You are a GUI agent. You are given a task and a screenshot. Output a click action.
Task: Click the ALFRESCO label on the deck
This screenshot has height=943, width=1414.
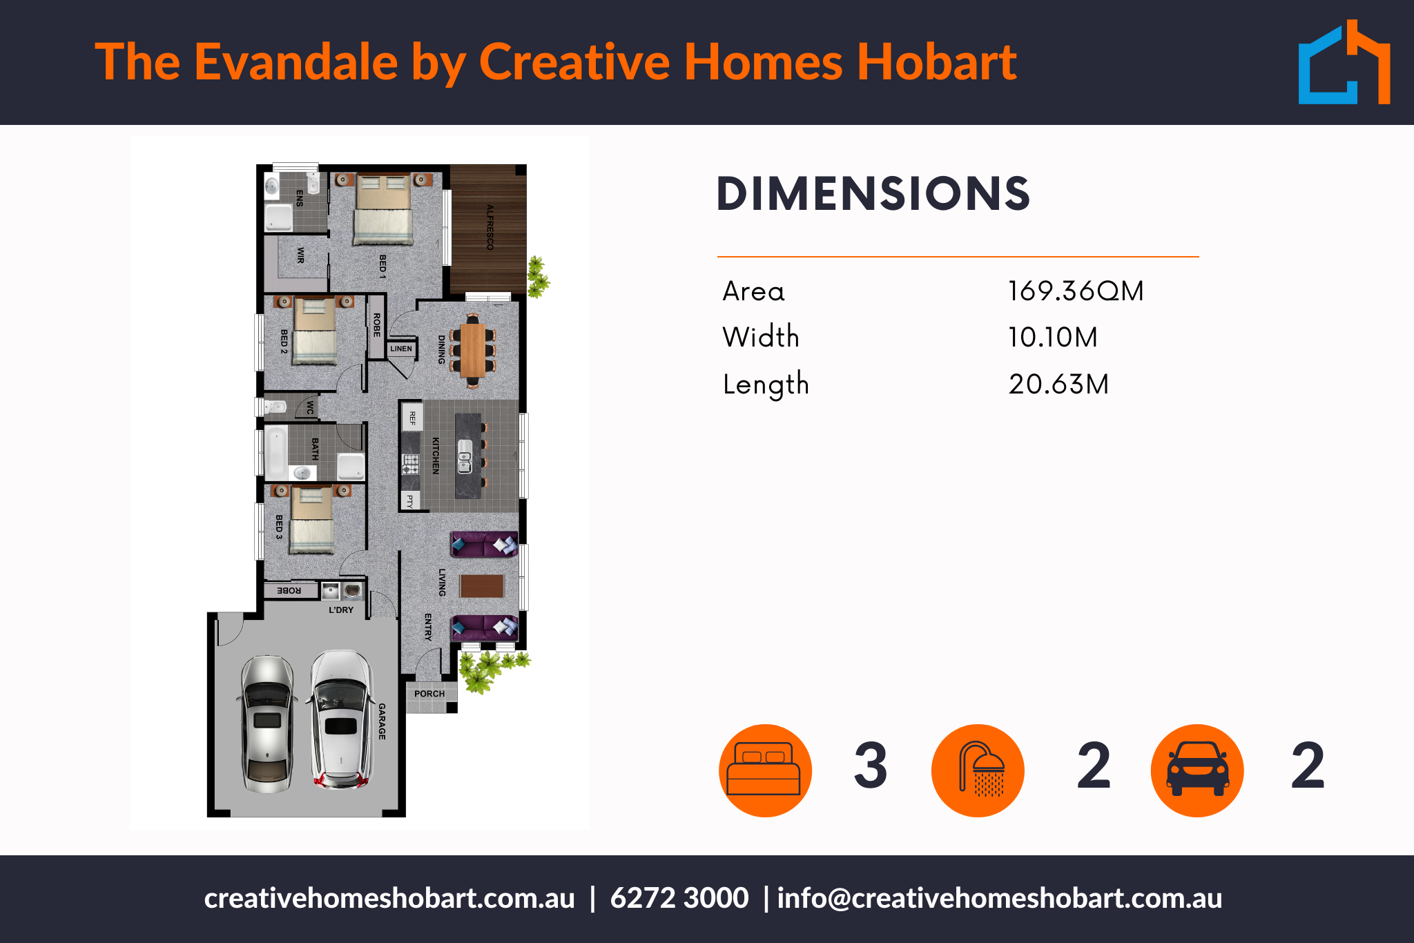pyautogui.click(x=490, y=227)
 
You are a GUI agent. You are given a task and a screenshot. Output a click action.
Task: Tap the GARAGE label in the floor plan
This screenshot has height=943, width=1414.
pyautogui.click(x=382, y=721)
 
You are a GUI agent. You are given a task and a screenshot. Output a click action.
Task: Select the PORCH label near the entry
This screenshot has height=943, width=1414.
pyautogui.click(x=429, y=694)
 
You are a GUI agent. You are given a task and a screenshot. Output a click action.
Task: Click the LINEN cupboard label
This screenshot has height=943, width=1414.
pyautogui.click(x=401, y=349)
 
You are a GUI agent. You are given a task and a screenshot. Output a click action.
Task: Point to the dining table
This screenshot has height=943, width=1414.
pyautogui.click(x=473, y=350)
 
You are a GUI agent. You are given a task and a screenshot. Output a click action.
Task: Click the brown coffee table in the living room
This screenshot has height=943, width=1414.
pyautogui.click(x=482, y=586)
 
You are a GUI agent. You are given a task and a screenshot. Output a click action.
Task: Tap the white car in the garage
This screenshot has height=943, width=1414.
pyautogui.click(x=340, y=719)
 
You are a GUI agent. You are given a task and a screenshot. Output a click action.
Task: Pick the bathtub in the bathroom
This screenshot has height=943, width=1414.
pyautogui.click(x=277, y=452)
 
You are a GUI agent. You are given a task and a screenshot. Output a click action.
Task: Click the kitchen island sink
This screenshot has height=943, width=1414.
pyautogui.click(x=465, y=456)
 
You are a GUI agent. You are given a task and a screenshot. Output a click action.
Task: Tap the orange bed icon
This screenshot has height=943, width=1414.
pyautogui.click(x=765, y=770)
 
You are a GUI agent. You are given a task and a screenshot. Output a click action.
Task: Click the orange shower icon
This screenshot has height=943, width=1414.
pyautogui.click(x=978, y=770)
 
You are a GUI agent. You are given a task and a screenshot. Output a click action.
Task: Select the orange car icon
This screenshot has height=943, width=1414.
pyautogui.click(x=1197, y=770)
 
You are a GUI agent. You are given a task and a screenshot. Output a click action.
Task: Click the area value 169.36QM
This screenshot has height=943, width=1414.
pyautogui.click(x=1076, y=291)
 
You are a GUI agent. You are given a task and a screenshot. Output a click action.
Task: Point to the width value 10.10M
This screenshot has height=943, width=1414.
pyautogui.click(x=1053, y=338)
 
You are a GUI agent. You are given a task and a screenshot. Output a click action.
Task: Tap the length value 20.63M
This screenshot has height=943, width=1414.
pyautogui.click(x=1058, y=384)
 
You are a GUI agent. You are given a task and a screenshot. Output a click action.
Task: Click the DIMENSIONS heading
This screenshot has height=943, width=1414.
pyautogui.click(x=873, y=193)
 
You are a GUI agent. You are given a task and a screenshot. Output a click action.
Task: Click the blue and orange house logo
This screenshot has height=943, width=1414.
pyautogui.click(x=1344, y=62)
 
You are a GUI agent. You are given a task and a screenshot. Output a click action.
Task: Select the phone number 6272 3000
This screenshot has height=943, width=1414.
pyautogui.click(x=679, y=898)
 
